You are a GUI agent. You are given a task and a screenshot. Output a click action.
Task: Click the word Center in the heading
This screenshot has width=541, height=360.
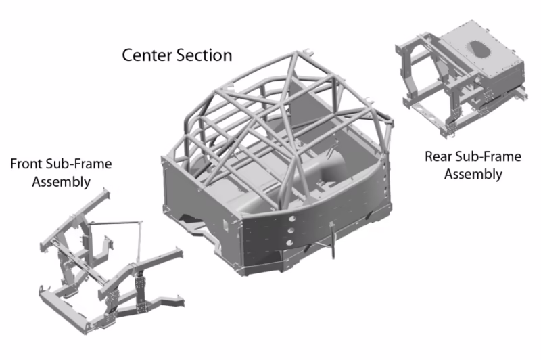coord(145,55)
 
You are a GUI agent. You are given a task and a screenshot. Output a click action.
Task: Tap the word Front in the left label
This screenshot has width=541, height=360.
coord(26,164)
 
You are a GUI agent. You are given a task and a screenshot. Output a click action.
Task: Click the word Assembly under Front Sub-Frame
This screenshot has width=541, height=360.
coord(61,181)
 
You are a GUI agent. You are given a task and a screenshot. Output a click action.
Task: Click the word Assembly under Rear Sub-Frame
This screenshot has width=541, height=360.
coord(473,174)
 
